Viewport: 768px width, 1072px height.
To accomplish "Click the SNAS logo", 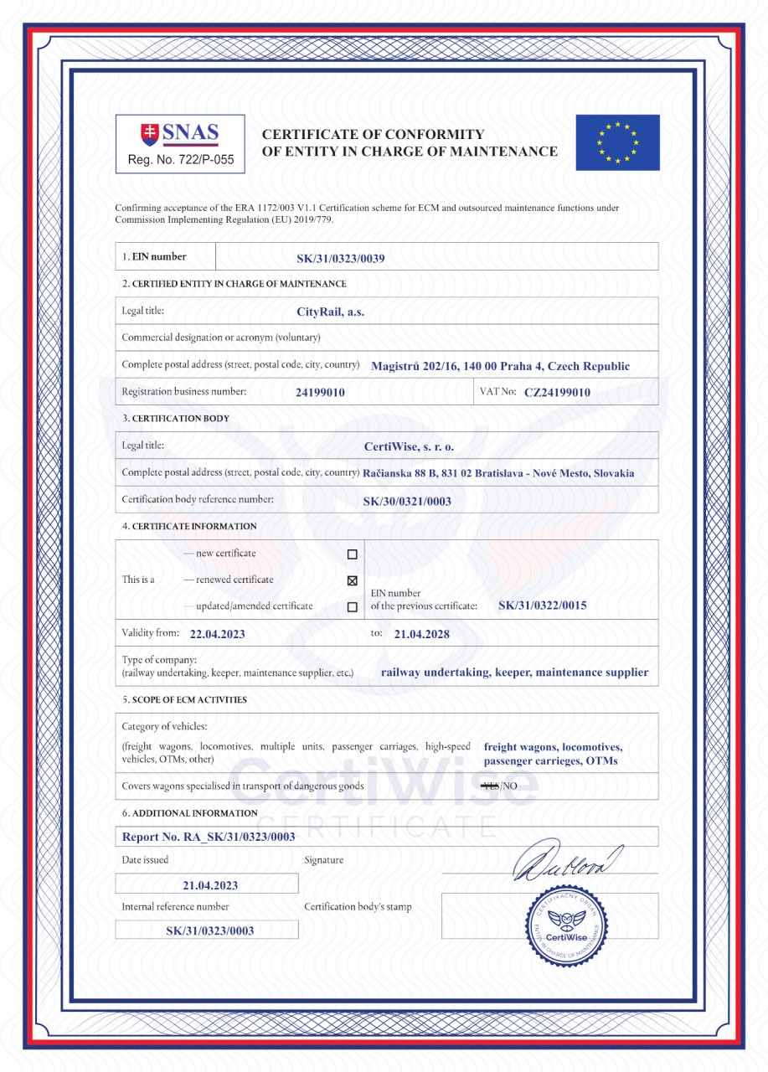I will pos(180,134).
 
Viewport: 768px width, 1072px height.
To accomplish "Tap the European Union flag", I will pos(617,142).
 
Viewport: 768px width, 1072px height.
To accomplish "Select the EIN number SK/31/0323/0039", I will pos(340,258).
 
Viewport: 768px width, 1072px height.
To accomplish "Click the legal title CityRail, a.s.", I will pos(330,312).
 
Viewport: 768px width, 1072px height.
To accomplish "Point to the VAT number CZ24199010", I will pos(557,392).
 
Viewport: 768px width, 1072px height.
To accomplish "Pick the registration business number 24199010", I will pos(320,392).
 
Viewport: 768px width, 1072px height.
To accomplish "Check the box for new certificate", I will pos(352,554).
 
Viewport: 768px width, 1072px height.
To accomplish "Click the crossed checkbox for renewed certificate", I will pos(352,580).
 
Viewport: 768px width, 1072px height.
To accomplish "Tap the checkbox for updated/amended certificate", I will pos(352,607).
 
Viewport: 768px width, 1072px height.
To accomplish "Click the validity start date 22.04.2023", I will pos(218,634).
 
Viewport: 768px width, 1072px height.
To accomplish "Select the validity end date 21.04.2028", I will pos(421,634).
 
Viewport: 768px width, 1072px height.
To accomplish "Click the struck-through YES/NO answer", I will pos(501,786).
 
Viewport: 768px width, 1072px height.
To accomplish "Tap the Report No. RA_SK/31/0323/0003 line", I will pos(209,837).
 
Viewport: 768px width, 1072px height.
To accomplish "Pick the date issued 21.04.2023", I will pos(210,884).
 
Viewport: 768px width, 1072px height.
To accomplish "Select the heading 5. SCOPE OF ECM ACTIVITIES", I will pos(184,700).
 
